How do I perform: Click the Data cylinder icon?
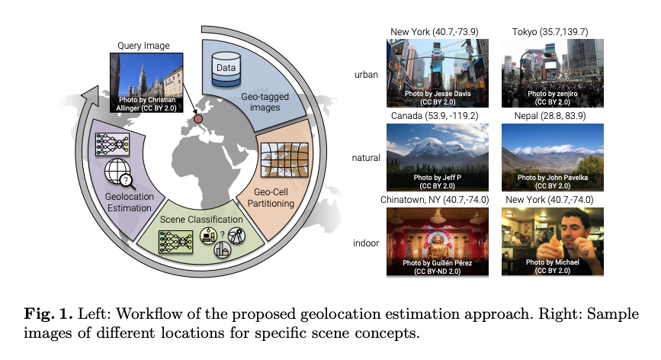tap(226, 69)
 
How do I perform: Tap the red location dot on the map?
tap(197, 119)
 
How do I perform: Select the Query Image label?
tap(143, 46)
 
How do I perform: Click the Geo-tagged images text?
tap(265, 102)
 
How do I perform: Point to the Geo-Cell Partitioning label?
tap(271, 198)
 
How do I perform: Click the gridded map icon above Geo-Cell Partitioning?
tap(284, 159)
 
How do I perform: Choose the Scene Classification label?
tap(201, 220)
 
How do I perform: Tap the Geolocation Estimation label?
tap(129, 202)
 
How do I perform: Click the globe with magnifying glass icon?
tap(120, 173)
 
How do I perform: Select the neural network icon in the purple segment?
tap(112, 145)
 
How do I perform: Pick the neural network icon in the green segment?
tap(175, 242)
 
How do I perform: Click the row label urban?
tap(366, 75)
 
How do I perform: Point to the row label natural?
tap(366, 158)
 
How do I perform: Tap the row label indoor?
tap(366, 243)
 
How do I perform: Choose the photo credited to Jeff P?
tap(438, 157)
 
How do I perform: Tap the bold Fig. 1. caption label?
tap(49, 314)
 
